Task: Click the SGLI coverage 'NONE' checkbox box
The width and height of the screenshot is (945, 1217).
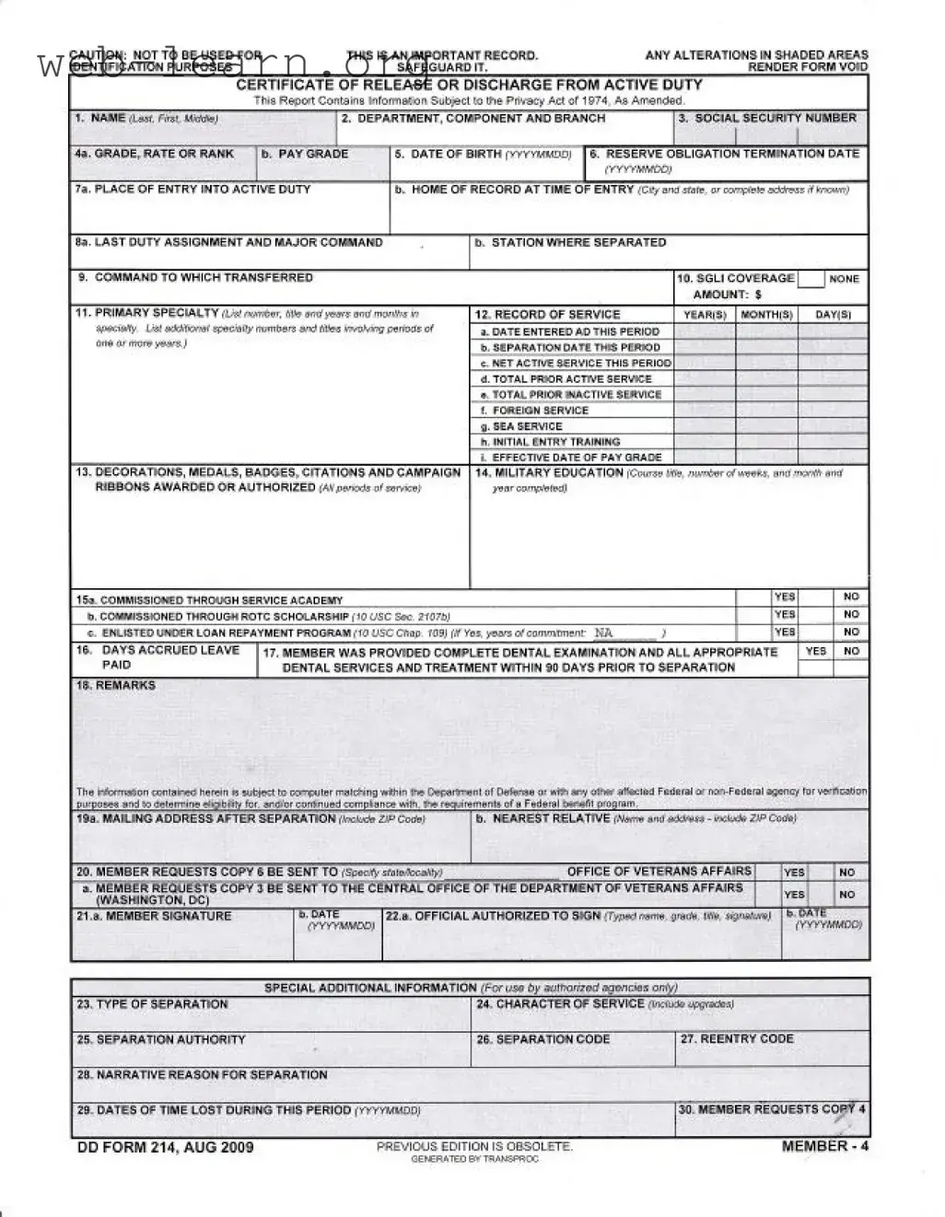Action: click(x=811, y=279)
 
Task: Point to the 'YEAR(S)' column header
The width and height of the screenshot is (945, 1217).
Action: click(x=705, y=315)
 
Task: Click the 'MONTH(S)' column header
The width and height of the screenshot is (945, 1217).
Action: click(x=766, y=315)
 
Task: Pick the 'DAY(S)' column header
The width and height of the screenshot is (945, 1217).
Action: click(x=834, y=315)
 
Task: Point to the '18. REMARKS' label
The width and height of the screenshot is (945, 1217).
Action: click(x=116, y=685)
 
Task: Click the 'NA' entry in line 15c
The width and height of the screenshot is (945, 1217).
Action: click(x=603, y=632)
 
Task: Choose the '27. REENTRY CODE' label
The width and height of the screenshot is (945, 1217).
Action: click(x=737, y=1038)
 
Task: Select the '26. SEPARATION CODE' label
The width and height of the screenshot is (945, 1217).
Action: click(x=543, y=1039)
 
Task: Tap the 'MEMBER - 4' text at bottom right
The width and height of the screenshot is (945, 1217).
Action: click(x=824, y=1146)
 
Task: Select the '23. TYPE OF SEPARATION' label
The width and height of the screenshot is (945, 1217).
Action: click(x=153, y=1004)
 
